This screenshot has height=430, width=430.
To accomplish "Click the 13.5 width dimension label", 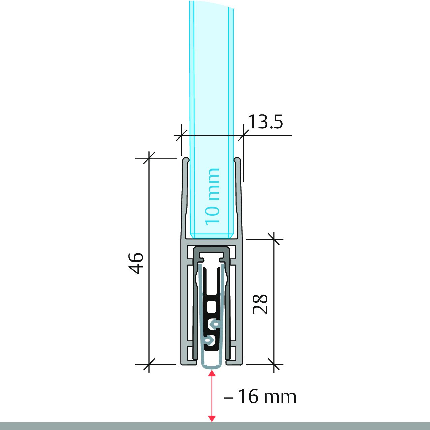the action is [265, 122].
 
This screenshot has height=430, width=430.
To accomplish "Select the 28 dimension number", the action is [260, 304].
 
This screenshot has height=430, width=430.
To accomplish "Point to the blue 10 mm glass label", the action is [212, 197].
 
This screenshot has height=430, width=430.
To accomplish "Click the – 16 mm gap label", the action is [260, 397].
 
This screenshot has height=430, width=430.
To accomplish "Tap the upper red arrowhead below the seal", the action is [212, 373].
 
